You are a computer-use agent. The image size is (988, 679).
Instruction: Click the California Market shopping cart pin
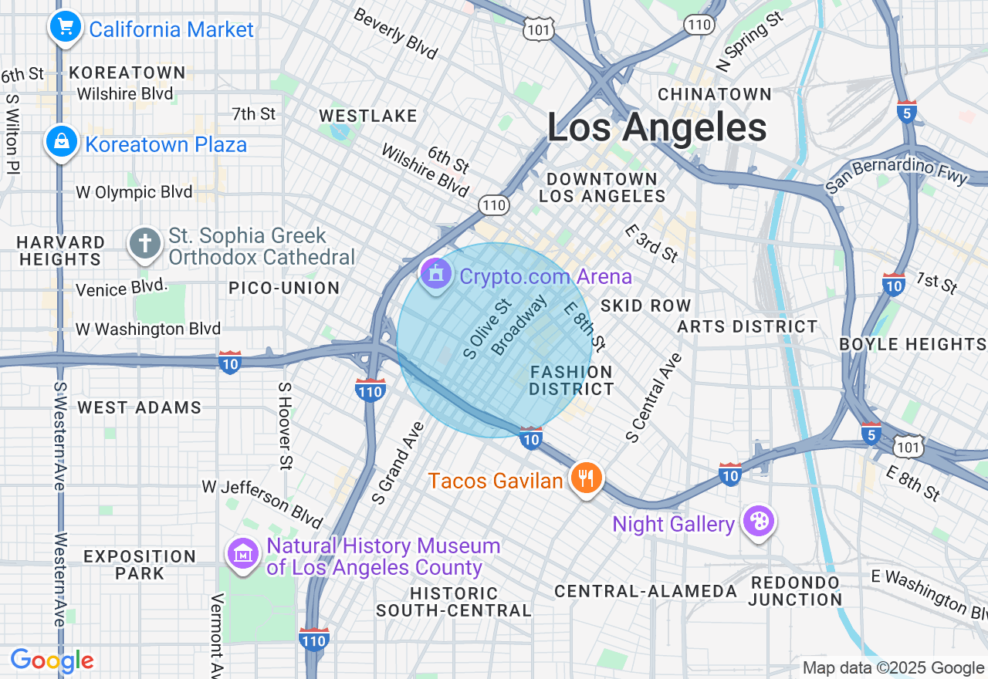[x=66, y=28]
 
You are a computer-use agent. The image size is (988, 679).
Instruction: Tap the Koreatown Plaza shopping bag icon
[x=61, y=142]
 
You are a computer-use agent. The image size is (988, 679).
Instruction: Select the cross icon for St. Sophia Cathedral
[x=144, y=242]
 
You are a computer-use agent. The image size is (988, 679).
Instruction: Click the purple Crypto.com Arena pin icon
[x=436, y=273]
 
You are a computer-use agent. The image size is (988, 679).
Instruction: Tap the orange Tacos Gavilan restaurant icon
[x=587, y=478]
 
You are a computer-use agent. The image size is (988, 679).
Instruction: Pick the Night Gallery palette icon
[x=758, y=522]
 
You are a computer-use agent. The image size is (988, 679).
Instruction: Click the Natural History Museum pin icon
[x=244, y=553]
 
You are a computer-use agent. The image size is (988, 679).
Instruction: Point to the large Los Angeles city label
[x=657, y=127]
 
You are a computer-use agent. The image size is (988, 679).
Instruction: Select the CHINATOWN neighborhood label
[x=714, y=94]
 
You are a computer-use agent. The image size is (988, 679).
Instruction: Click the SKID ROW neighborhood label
[x=645, y=306]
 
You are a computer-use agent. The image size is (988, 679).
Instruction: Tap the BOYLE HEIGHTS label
[x=913, y=344]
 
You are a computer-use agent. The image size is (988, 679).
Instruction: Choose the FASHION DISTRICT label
[x=571, y=380]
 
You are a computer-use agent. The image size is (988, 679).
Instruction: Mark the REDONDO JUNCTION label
[x=795, y=590]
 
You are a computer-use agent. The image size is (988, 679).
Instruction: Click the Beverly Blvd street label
[x=396, y=35]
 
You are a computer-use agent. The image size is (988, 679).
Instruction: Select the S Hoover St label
[x=285, y=426]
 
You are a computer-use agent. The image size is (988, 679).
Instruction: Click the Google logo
[x=52, y=660]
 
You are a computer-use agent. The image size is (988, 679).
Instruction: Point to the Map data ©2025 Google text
[x=893, y=668]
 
